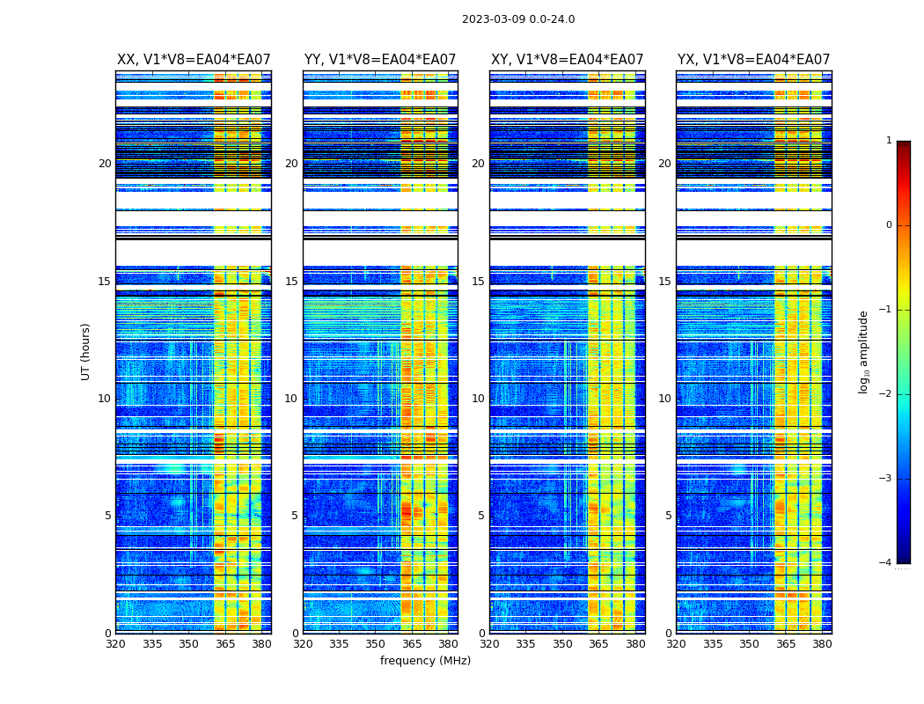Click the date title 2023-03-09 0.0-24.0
(518, 19)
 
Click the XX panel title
(194, 60)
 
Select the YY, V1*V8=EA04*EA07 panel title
(380, 60)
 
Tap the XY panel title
(567, 60)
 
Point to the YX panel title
(753, 60)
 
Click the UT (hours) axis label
(86, 351)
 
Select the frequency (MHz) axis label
(425, 661)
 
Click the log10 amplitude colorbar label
(864, 351)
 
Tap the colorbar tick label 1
(889, 141)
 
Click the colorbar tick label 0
(889, 225)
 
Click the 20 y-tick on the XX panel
(105, 164)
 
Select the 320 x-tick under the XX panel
(116, 644)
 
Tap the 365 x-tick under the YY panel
(412, 644)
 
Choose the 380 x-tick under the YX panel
(822, 644)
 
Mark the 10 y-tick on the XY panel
(478, 399)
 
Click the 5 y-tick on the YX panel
(668, 516)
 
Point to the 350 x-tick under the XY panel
(562, 644)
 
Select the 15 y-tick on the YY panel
(291, 282)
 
